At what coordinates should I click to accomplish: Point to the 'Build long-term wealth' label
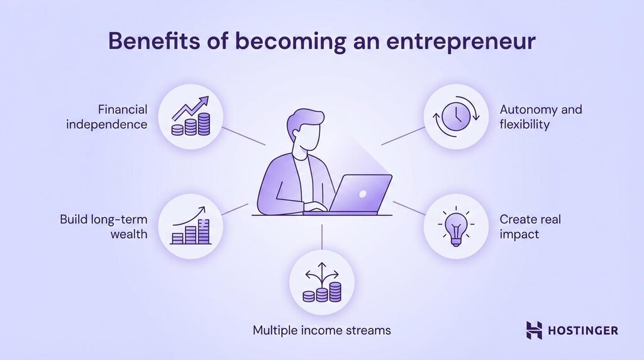[x=104, y=227]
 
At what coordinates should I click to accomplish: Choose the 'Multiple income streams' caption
[x=321, y=330]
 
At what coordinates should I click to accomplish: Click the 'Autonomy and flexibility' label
[x=541, y=116]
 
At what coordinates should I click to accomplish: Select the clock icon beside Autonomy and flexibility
[x=455, y=116]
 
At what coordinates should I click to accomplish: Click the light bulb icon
[x=455, y=227]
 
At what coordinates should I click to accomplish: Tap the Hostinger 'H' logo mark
[x=534, y=330]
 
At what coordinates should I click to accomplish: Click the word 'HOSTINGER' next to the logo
[x=583, y=330]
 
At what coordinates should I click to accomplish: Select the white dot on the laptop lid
[x=362, y=193]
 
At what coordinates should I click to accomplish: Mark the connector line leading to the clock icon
[x=402, y=136]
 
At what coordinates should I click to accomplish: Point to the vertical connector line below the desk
[x=321, y=236]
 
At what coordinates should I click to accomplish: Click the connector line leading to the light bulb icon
[x=409, y=208]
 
